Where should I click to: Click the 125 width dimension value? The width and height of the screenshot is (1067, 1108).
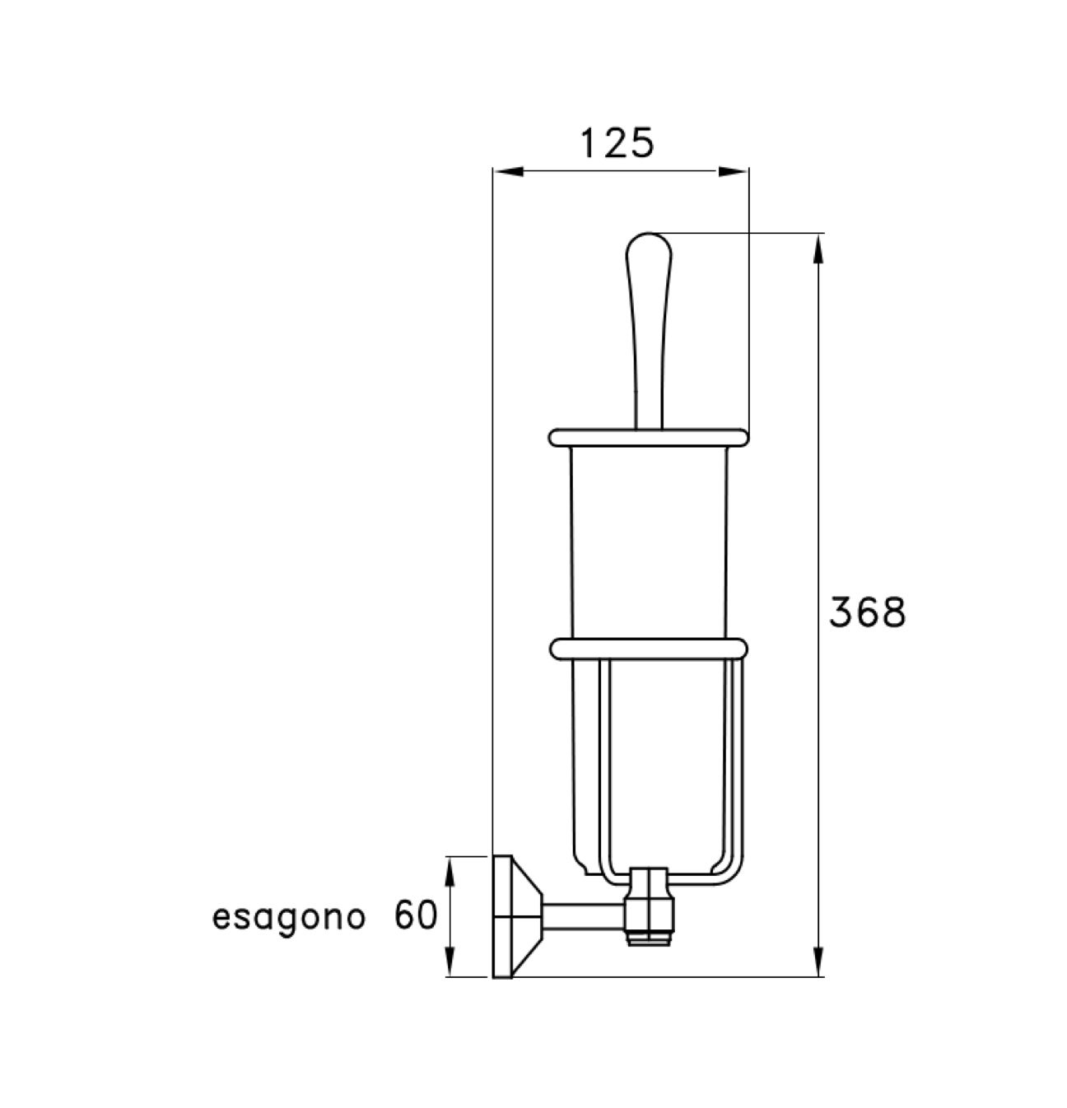coord(617,143)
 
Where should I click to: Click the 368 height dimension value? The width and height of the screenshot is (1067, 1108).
coord(866,612)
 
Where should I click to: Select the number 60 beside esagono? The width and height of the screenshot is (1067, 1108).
coord(415,915)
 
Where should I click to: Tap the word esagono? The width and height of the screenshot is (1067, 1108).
coord(288,917)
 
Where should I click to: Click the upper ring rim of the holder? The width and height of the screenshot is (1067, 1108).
coord(648,437)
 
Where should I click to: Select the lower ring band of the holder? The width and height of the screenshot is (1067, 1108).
coord(648,648)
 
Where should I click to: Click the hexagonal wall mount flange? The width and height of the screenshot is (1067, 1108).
coord(512,917)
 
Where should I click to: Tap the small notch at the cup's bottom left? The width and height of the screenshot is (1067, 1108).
coord(584,866)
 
